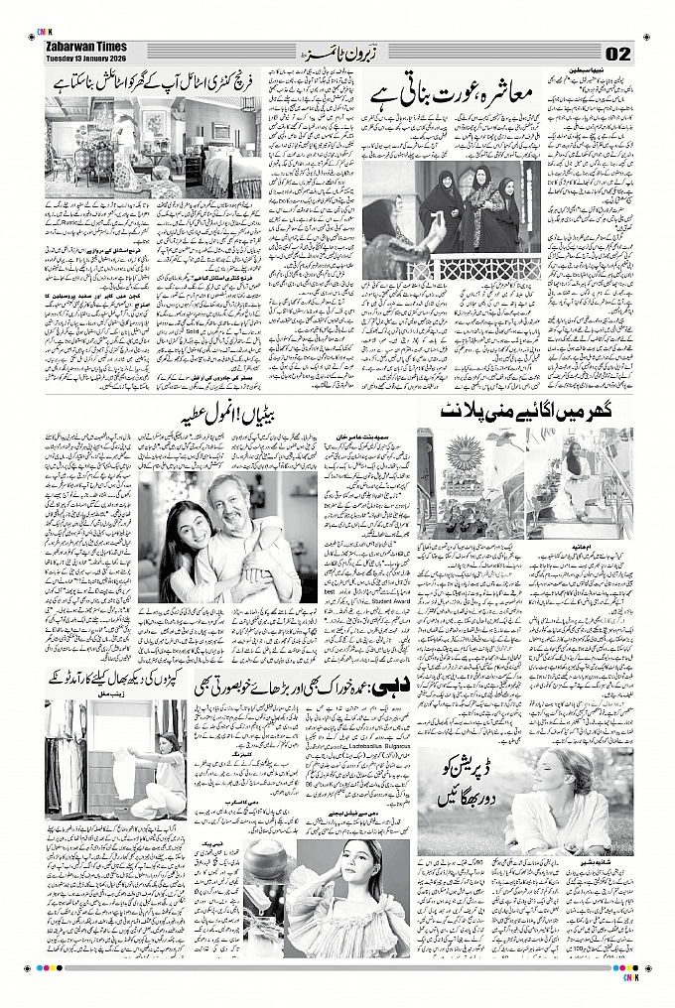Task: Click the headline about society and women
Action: coord(459,94)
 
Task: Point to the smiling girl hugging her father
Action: coord(186,526)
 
